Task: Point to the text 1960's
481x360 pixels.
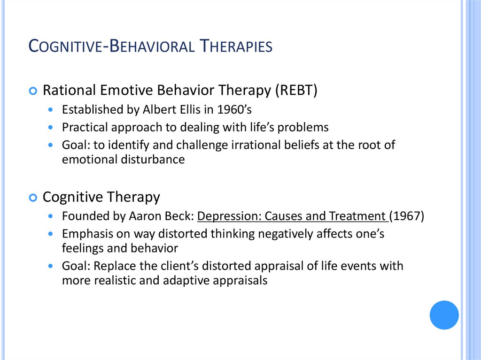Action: pos(235,110)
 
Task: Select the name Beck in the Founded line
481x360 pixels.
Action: pos(179,216)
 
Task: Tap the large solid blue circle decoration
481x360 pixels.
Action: pos(444,314)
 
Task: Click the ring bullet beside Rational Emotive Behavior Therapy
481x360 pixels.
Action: pos(33,91)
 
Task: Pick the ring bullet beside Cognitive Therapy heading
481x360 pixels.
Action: pos(33,198)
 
